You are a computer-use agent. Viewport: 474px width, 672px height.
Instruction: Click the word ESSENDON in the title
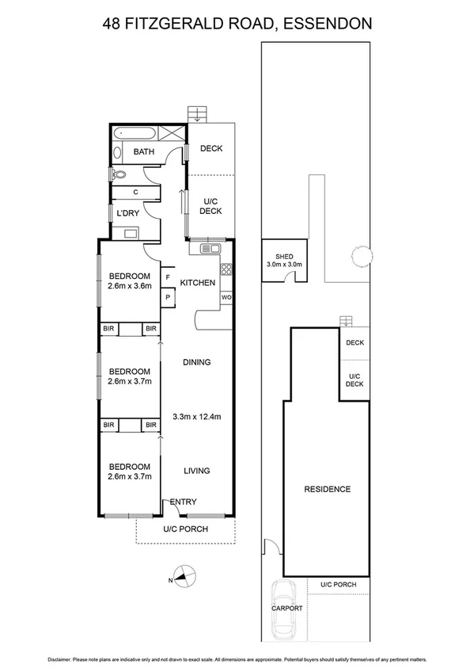pos(324,24)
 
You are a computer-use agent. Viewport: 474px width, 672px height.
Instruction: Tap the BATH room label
pos(143,151)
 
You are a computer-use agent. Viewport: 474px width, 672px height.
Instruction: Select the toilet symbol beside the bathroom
pos(116,176)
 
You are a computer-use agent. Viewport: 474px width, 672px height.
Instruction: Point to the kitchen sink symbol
pos(210,249)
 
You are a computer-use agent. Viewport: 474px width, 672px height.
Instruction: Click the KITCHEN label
pos(198,283)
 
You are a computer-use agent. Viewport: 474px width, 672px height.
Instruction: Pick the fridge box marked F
pos(168,277)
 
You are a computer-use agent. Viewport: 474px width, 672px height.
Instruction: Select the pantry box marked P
pos(168,297)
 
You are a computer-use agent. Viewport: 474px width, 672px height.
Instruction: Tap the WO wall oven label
pos(226,297)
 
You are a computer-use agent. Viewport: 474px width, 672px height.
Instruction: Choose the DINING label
pos(196,362)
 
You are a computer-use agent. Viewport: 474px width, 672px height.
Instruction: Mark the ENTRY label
pos(183,502)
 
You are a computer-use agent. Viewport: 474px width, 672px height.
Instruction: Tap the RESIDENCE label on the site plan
pos(328,489)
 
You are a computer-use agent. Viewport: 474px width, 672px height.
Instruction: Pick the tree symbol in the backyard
pos(361,255)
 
